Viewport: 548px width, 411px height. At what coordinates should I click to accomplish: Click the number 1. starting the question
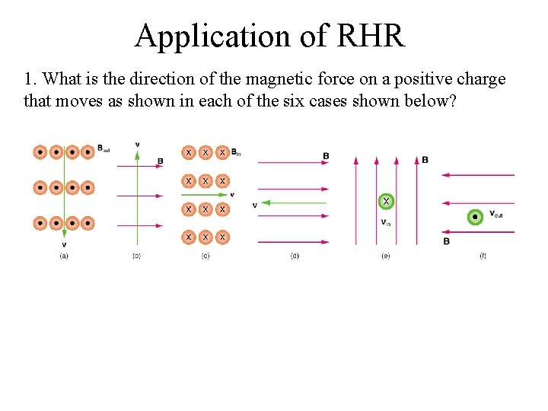pos(30,79)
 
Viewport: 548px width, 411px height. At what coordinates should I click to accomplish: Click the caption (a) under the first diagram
pos(64,256)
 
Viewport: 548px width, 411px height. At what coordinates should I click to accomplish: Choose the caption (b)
pos(137,256)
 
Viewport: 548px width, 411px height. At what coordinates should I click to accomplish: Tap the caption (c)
pos(205,256)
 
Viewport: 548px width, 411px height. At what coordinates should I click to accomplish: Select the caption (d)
pos(295,256)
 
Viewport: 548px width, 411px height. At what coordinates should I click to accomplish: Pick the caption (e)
pos(386,256)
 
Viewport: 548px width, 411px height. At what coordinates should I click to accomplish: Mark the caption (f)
pos(483,256)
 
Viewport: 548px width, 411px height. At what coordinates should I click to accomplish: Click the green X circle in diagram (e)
pos(387,202)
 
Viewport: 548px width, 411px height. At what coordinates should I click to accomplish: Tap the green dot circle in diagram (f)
pos(476,217)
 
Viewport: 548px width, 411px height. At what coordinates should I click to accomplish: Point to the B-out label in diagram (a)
pos(104,149)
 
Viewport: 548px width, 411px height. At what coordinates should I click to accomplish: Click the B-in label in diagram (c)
pos(236,152)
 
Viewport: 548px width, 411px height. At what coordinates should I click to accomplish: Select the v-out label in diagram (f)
pos(496,214)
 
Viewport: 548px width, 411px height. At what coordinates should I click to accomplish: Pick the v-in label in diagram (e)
pos(386,222)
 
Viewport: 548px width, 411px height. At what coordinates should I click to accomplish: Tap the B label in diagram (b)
pos(160,161)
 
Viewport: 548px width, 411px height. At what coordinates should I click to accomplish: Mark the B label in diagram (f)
pos(446,241)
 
